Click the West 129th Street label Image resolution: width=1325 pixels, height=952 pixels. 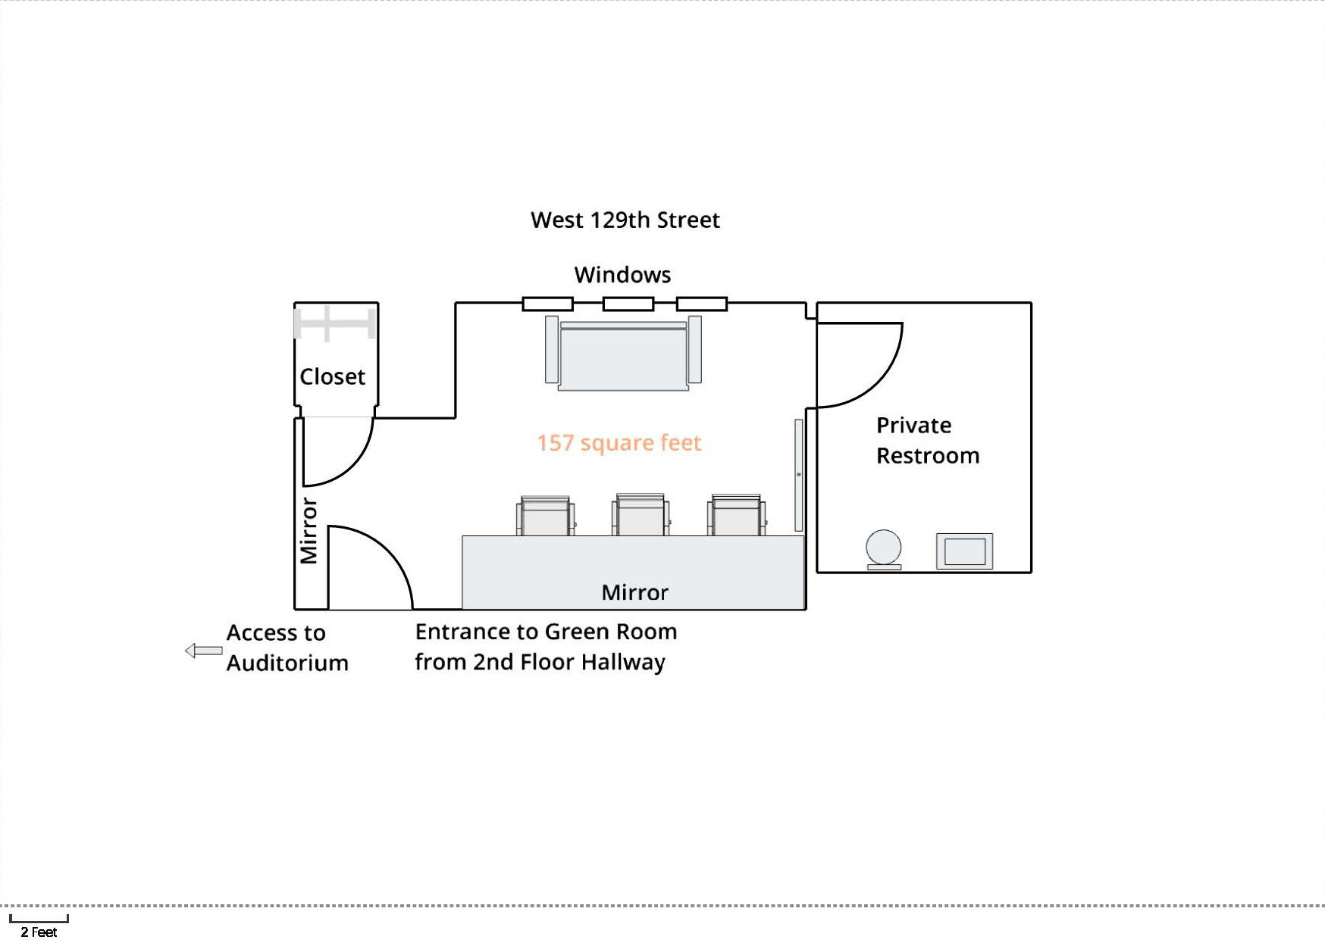(x=625, y=220)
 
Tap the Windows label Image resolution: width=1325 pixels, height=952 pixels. (x=622, y=275)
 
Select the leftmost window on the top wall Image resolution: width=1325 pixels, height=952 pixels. (x=547, y=304)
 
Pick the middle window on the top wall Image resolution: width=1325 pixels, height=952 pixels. (x=628, y=304)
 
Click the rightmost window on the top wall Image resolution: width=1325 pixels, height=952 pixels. (x=701, y=304)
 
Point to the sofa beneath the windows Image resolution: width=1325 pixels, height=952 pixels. (x=623, y=354)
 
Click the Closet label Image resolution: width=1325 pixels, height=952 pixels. (x=332, y=376)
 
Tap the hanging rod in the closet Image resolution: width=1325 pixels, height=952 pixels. (x=335, y=323)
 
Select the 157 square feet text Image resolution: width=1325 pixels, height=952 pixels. (x=619, y=443)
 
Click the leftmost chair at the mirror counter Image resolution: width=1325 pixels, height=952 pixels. (x=545, y=517)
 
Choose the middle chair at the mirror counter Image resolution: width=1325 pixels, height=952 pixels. (x=641, y=516)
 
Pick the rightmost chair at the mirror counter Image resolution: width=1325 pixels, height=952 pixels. (x=736, y=516)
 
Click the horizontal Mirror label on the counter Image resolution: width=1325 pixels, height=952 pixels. (x=634, y=592)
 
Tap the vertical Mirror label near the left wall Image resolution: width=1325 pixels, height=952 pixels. (x=309, y=530)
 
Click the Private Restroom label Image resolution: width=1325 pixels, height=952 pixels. (x=927, y=441)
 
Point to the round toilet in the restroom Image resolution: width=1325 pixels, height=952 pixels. (x=884, y=548)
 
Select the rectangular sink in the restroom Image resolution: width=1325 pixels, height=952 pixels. (x=964, y=551)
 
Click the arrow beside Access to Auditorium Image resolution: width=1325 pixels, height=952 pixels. (x=203, y=651)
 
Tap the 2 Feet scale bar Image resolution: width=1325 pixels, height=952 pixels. (x=39, y=919)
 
